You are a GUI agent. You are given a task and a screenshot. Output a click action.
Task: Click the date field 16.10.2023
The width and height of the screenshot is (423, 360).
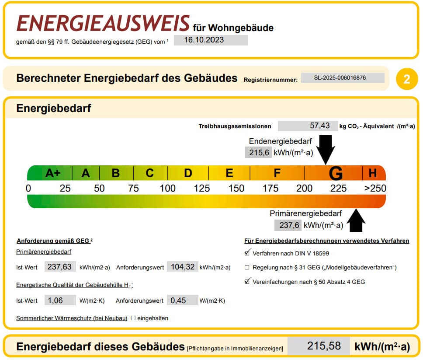click(211, 40)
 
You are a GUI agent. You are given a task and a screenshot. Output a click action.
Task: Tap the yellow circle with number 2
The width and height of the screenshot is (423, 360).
click(407, 79)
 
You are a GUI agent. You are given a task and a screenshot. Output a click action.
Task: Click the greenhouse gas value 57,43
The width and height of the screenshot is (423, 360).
click(308, 126)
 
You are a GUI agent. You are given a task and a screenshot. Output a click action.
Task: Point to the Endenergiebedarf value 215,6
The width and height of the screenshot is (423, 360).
click(258, 153)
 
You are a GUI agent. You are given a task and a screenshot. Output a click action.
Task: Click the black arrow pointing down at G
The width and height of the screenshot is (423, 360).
click(326, 149)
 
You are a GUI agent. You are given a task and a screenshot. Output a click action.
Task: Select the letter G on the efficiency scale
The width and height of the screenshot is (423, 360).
click(336, 173)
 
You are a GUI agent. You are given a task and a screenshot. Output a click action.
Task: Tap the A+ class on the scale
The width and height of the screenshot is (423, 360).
click(53, 173)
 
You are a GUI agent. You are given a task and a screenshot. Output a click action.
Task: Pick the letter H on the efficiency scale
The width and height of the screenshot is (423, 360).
click(373, 173)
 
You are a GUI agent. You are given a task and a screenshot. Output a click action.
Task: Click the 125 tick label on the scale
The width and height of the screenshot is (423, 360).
click(202, 188)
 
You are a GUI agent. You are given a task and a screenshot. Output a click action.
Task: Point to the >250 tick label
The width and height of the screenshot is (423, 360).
click(375, 188)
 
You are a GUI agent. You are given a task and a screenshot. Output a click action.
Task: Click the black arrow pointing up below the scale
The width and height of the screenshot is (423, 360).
click(356, 220)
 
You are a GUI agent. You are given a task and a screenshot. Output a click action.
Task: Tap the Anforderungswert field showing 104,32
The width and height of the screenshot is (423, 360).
click(183, 267)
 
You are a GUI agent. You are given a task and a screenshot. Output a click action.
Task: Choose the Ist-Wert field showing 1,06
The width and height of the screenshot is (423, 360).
click(60, 301)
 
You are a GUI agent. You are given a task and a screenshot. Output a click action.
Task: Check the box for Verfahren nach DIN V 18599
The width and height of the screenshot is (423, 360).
click(247, 253)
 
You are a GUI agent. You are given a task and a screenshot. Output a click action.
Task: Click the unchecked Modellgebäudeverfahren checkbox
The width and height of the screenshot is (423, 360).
click(247, 267)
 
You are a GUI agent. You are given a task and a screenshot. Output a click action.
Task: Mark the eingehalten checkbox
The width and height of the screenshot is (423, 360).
click(133, 318)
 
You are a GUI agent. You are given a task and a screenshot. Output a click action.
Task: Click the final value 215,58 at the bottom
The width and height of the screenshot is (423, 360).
click(324, 346)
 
